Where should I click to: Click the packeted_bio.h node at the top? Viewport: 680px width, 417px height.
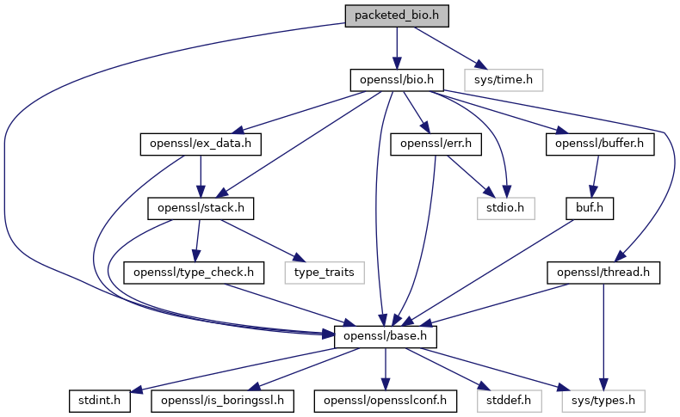coord(397,15)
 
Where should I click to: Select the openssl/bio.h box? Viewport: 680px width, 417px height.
coord(397,80)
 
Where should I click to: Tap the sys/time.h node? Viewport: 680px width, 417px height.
coord(504,80)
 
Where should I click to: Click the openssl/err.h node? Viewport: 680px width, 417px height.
coord(436,144)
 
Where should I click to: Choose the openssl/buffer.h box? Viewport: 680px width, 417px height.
coord(599,144)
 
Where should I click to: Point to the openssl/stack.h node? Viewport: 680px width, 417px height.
coord(201,207)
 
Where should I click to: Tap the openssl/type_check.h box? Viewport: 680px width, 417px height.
coord(193,272)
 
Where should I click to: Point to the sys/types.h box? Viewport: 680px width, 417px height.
coord(604,400)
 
